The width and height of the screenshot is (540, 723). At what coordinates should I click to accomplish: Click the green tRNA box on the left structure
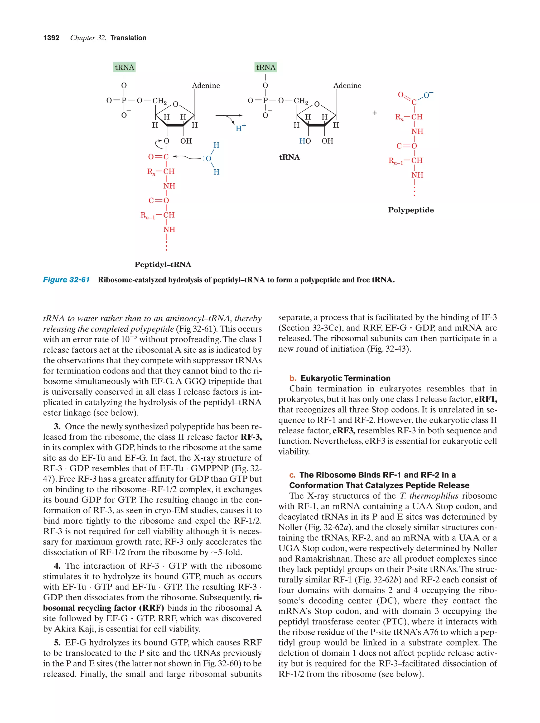point(124,67)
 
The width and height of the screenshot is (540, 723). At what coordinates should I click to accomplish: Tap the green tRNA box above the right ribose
point(265,67)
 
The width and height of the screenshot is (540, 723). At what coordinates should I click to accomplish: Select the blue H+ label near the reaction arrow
point(240,128)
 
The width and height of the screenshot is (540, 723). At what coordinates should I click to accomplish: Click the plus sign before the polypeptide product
point(375,113)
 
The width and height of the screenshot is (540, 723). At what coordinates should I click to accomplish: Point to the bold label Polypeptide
point(411,210)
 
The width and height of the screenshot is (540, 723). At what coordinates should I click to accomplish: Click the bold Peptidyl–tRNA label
point(163,264)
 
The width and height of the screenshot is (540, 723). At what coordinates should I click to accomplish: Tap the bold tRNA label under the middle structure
point(289,157)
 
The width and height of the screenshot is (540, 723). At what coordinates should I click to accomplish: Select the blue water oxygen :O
point(208,159)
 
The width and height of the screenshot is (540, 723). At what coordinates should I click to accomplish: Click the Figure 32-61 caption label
point(66,280)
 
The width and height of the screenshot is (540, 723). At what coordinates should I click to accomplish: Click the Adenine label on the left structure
point(206,86)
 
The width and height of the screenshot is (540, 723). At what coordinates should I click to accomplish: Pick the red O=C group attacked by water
point(158,157)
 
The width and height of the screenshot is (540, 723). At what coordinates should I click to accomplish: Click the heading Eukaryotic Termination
point(345,378)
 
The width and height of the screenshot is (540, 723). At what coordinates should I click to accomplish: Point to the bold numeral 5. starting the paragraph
point(57,643)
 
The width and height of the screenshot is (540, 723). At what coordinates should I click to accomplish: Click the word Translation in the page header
point(128,38)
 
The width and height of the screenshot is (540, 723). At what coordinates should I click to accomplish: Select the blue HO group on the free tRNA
point(305,141)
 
